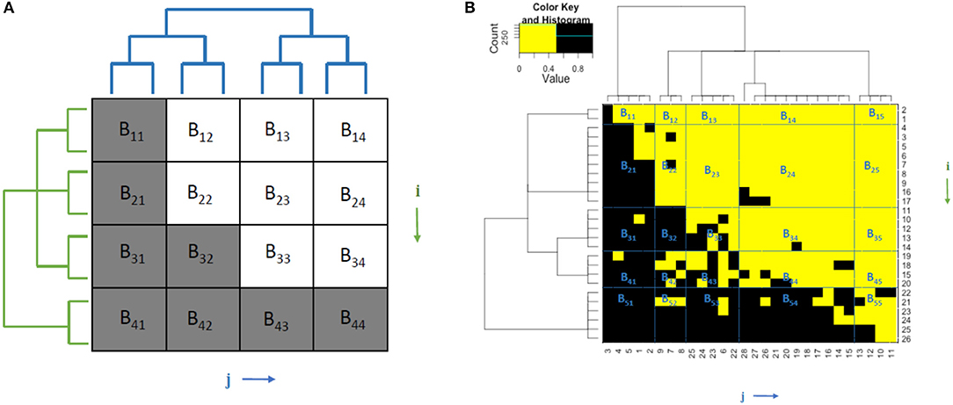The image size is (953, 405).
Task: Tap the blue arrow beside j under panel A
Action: [261, 380]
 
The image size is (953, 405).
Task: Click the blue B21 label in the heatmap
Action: [627, 167]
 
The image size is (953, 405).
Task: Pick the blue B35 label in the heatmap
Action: [874, 235]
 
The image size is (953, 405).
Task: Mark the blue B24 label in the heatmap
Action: [789, 175]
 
